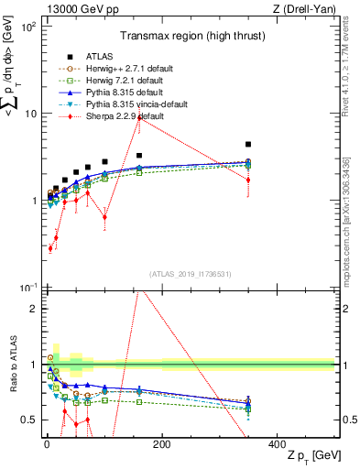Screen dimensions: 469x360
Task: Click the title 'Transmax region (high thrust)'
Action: coord(190,38)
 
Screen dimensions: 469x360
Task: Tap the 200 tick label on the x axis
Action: coord(161,443)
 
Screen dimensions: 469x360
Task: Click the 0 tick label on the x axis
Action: coord(47,443)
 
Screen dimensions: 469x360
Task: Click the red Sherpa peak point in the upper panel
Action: coord(162,118)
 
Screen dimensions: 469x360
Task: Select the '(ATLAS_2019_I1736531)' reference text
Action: coord(190,273)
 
